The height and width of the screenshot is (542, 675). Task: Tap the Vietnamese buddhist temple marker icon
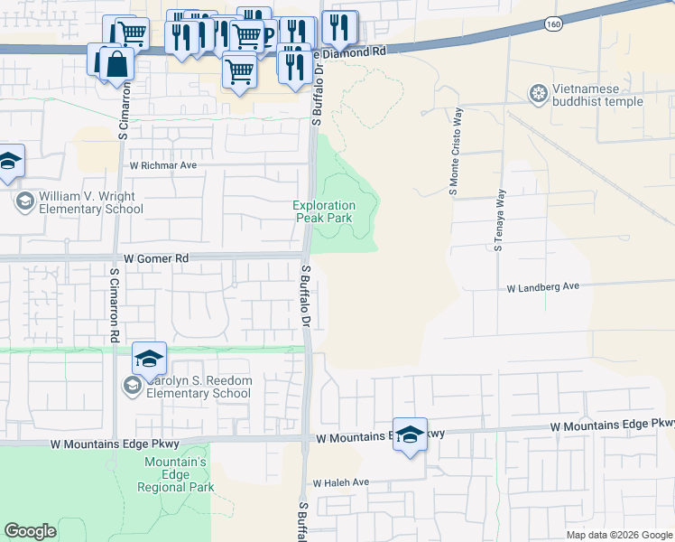coord(539,94)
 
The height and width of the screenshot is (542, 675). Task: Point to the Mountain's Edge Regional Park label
coord(176,474)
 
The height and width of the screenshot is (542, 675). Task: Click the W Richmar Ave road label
coord(163,166)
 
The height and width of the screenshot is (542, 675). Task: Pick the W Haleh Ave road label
coord(341,482)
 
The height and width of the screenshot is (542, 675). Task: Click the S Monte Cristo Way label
coord(455,152)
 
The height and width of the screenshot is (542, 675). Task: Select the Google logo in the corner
coord(30,531)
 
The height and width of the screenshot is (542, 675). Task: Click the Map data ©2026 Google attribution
coord(619,535)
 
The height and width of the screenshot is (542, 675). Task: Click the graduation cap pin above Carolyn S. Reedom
coord(149,358)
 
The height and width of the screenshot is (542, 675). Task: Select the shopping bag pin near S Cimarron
coord(116,63)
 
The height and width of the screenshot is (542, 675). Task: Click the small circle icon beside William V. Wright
coord(24,200)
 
